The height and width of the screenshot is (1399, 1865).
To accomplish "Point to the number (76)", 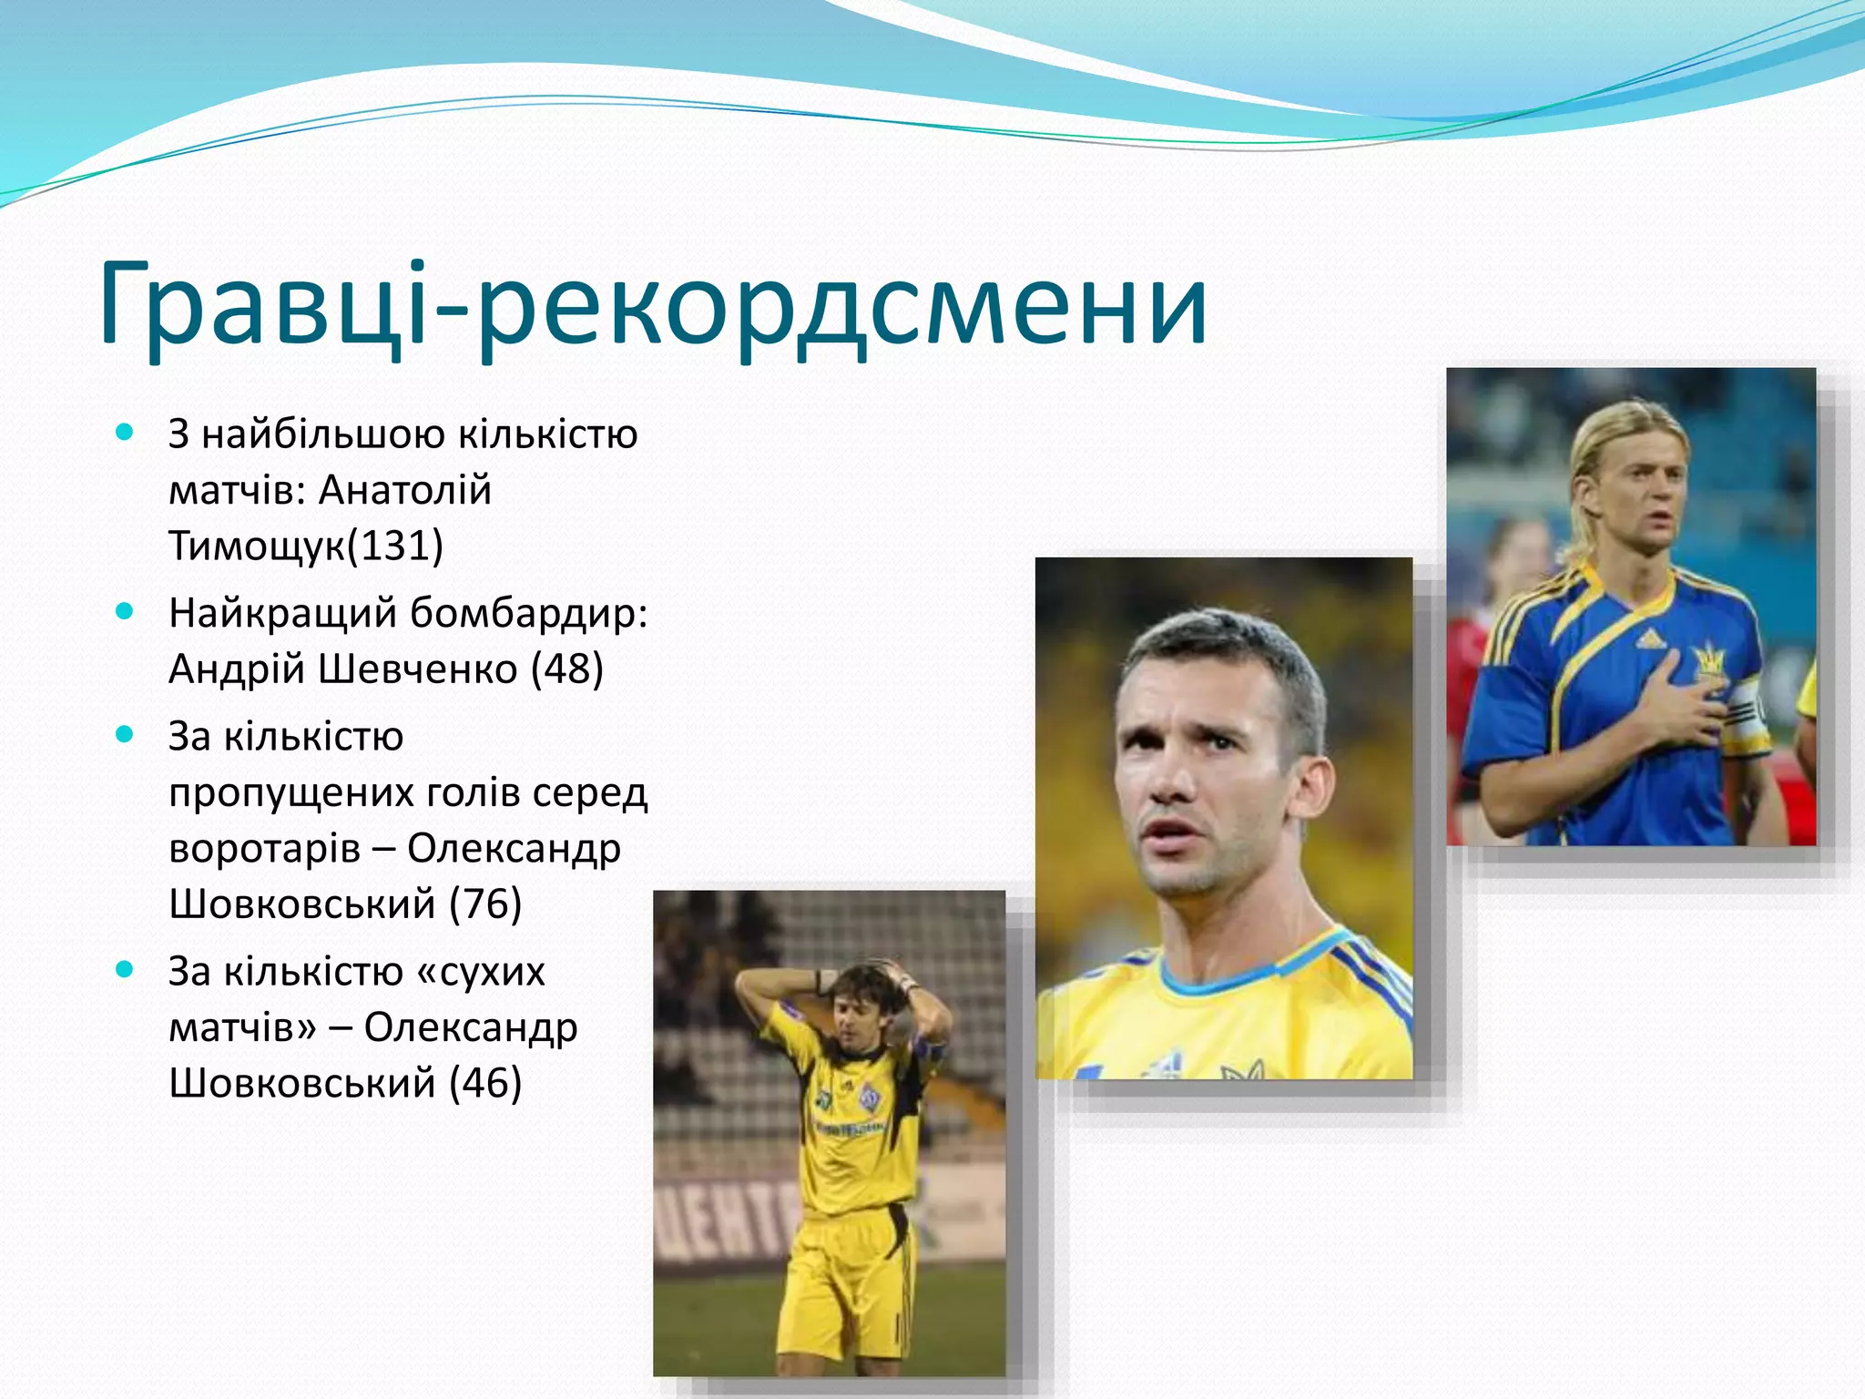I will (x=485, y=904).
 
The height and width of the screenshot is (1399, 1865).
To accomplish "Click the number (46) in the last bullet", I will (x=485, y=1084).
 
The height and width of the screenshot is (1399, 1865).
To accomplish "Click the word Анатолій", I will (x=405, y=490).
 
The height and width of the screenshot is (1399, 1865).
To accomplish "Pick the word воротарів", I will (x=264, y=849).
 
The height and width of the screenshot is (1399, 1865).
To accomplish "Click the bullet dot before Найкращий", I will (x=125, y=611).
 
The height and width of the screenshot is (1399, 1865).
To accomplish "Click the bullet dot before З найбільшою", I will (x=125, y=432).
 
